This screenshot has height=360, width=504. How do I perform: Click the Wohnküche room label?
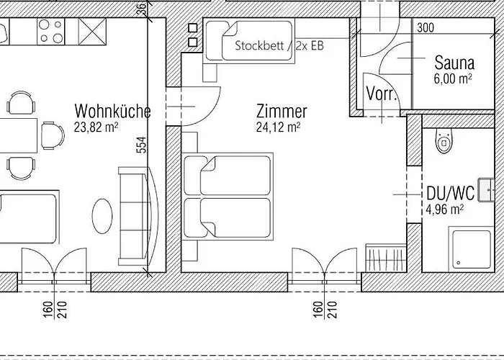tap(112, 111)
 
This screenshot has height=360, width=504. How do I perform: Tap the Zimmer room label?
tap(282, 111)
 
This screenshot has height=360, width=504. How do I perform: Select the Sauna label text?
tap(454, 63)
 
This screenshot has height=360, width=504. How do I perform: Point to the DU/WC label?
tap(450, 193)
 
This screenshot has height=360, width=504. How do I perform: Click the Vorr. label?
tap(381, 94)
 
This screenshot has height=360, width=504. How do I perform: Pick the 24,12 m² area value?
tap(279, 127)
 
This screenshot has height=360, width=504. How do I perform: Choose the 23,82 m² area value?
tap(96, 127)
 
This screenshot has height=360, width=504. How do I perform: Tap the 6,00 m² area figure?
tap(453, 78)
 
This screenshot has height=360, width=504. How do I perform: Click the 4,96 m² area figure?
tap(444, 210)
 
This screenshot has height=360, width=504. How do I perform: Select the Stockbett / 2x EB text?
tap(279, 45)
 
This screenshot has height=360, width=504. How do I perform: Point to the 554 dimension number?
tap(143, 145)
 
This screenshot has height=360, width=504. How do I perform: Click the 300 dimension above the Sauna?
tap(426, 28)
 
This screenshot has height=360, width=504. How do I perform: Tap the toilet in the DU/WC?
tap(444, 140)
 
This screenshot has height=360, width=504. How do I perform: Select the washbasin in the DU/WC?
tap(486, 189)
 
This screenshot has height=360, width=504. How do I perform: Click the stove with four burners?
tap(51, 31)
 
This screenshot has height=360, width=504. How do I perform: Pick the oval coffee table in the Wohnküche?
tap(102, 216)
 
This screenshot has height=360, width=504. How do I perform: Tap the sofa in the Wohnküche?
tap(138, 216)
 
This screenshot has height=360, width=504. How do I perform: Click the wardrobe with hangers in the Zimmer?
tap(386, 258)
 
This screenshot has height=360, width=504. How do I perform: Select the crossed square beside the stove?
tap(92, 31)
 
